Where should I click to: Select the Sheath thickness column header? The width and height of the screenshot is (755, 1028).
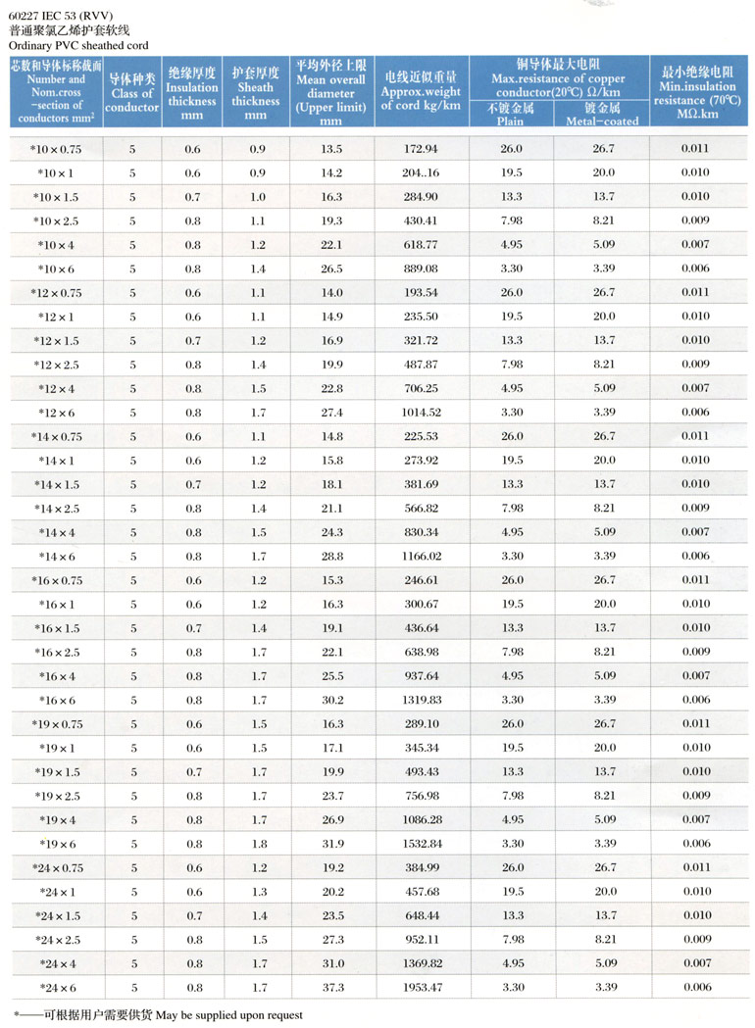(x=256, y=94)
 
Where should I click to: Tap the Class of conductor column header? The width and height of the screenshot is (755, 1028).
(x=133, y=93)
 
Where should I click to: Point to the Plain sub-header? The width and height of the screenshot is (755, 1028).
(x=511, y=121)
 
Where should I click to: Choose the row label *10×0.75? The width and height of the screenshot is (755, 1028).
(x=56, y=149)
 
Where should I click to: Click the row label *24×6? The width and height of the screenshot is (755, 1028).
(x=56, y=987)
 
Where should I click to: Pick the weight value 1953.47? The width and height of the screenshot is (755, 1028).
(x=422, y=987)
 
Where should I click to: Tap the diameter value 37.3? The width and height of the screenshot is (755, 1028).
(x=331, y=987)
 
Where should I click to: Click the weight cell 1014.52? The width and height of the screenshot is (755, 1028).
(x=422, y=413)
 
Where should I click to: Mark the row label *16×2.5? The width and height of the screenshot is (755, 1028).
(x=56, y=652)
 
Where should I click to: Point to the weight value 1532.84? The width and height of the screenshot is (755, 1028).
(x=422, y=844)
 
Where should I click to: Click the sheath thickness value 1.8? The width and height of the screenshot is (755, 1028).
(x=256, y=844)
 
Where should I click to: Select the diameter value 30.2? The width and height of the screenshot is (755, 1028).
(x=331, y=700)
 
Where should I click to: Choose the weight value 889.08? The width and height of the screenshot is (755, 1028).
(x=422, y=269)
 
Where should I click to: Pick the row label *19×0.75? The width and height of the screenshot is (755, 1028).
(x=56, y=723)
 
